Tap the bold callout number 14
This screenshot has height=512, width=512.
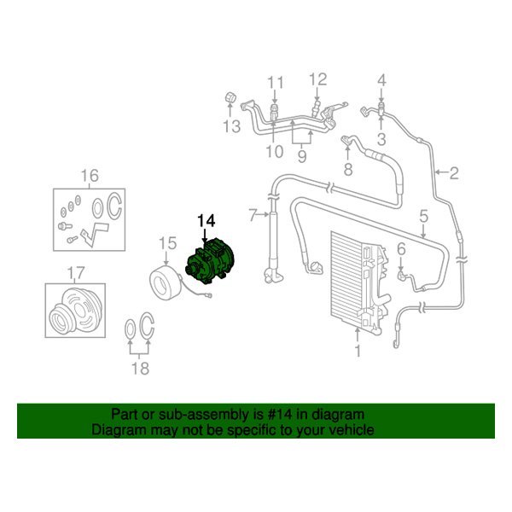pyautogui.click(x=207, y=221)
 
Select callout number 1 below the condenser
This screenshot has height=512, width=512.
pyautogui.click(x=358, y=351)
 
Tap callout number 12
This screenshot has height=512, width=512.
pyautogui.click(x=317, y=80)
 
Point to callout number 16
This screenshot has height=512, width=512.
pyautogui.click(x=90, y=177)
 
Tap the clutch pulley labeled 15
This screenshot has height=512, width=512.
pyautogui.click(x=162, y=279)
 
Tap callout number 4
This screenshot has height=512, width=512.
pyautogui.click(x=381, y=81)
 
